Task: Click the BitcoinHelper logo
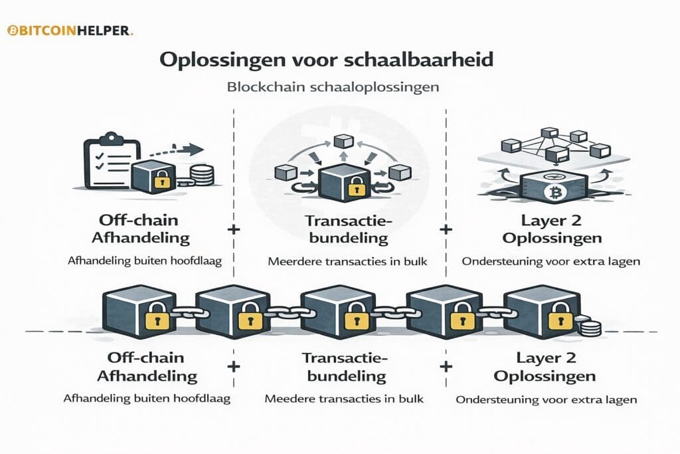point(70,31)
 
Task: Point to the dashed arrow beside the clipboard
point(180,150)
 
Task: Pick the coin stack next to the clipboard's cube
point(202,175)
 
